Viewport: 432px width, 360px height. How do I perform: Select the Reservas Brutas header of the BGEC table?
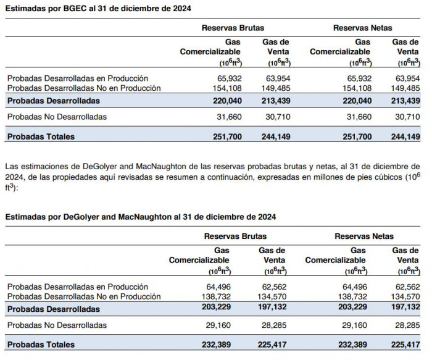(233, 28)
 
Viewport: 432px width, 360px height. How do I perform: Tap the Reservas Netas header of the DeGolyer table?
(363, 236)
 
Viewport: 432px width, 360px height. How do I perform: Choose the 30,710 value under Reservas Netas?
(405, 117)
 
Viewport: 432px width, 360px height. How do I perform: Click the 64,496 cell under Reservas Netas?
(354, 287)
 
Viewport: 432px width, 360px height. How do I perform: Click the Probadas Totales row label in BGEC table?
(41, 136)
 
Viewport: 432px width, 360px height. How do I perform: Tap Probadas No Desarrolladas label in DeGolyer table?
(57, 325)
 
